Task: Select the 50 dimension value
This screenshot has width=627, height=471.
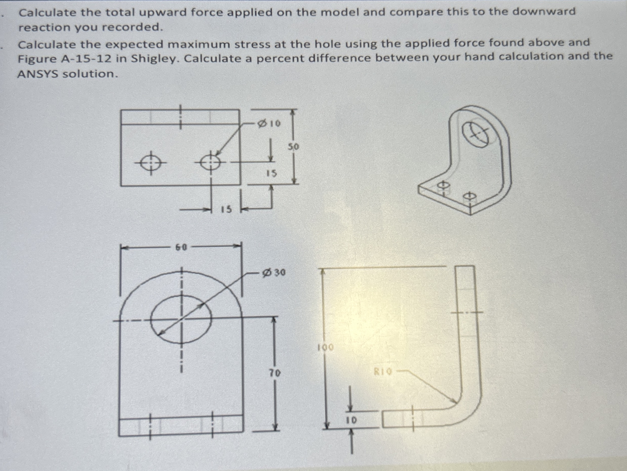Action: pyautogui.click(x=293, y=147)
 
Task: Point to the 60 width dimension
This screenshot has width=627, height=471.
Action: pyautogui.click(x=181, y=248)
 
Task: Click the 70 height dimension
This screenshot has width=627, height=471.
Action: pyautogui.click(x=275, y=373)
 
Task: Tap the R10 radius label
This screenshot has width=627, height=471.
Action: pyautogui.click(x=383, y=371)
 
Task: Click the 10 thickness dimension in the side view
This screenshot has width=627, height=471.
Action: pyautogui.click(x=351, y=420)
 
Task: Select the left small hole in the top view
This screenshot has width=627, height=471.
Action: pyautogui.click(x=151, y=163)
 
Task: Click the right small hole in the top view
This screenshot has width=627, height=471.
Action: pyautogui.click(x=211, y=163)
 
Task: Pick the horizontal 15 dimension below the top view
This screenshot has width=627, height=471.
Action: pyautogui.click(x=227, y=210)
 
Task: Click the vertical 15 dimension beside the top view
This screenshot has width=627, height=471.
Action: pyautogui.click(x=271, y=173)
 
